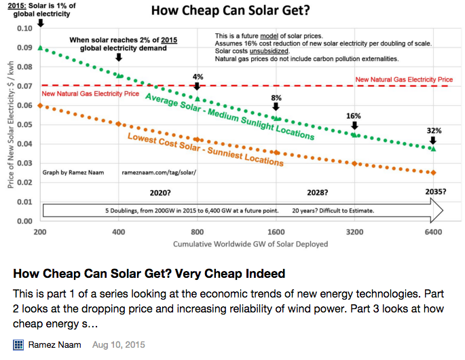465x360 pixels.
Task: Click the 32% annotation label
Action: pyautogui.click(x=434, y=130)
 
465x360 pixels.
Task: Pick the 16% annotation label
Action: pyautogui.click(x=354, y=116)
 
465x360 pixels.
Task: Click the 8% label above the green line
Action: pyautogui.click(x=276, y=98)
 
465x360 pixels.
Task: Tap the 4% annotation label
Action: pyautogui.click(x=198, y=76)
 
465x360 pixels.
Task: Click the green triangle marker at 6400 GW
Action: pyautogui.click(x=433, y=148)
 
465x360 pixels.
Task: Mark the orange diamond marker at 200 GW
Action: pyautogui.click(x=41, y=106)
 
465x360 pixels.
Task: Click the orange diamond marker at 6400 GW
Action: pyautogui.click(x=433, y=173)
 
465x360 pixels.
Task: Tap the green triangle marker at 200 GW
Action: pyautogui.click(x=41, y=48)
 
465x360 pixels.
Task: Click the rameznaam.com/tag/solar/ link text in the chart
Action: pyautogui.click(x=159, y=173)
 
